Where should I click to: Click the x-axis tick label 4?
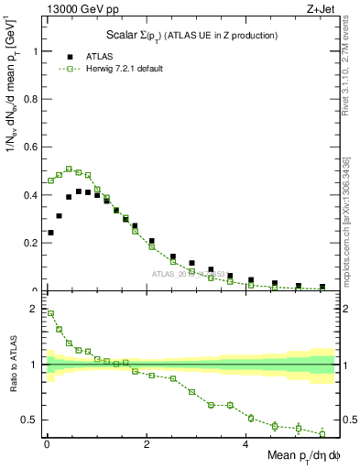point(245,444)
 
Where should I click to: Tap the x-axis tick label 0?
point(46,444)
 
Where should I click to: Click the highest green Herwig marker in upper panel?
point(69,169)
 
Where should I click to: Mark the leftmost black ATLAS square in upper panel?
point(50,233)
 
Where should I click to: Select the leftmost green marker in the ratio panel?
point(50,313)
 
